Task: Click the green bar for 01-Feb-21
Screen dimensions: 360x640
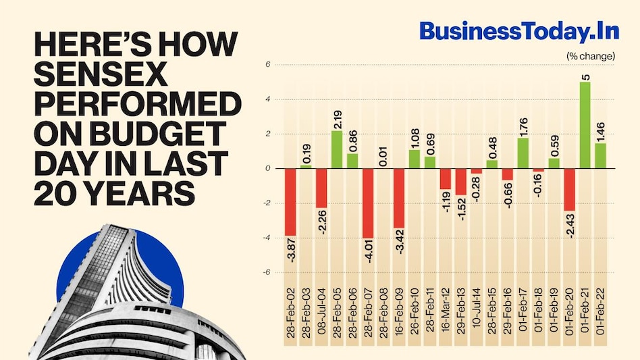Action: (x=585, y=125)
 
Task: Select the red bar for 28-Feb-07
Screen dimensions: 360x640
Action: (x=368, y=203)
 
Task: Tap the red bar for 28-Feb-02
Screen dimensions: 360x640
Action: (x=290, y=201)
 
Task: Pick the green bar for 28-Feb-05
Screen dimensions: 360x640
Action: (x=337, y=149)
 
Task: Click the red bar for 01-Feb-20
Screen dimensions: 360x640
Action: (x=569, y=189)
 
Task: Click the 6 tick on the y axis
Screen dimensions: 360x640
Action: (x=267, y=65)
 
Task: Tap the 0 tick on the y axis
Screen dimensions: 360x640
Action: (x=267, y=168)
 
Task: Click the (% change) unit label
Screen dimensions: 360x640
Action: (x=591, y=56)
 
